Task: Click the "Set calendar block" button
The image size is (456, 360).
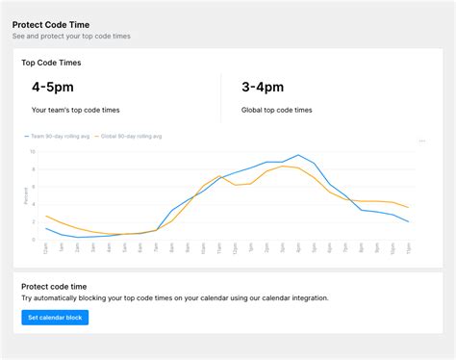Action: pyautogui.click(x=55, y=318)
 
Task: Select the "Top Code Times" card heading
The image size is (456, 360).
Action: pyautogui.click(x=51, y=63)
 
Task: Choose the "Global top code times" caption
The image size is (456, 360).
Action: pyautogui.click(x=277, y=111)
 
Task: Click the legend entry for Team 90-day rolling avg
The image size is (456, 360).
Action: pyautogui.click(x=59, y=137)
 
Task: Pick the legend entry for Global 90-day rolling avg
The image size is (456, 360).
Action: pyautogui.click(x=129, y=137)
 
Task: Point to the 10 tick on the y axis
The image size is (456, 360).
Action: pyautogui.click(x=32, y=151)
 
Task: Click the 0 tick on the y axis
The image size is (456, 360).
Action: pyautogui.click(x=33, y=239)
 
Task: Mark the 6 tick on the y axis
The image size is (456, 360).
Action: pyautogui.click(x=33, y=187)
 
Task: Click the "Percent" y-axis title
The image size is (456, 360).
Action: pyautogui.click(x=25, y=195)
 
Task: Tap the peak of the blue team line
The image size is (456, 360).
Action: pyautogui.click(x=298, y=155)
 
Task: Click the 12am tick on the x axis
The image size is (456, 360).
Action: pyautogui.click(x=46, y=248)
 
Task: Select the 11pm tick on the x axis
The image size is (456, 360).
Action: pyautogui.click(x=409, y=248)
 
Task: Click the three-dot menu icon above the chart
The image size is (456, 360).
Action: pyautogui.click(x=422, y=141)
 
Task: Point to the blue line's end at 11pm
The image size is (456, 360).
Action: pyautogui.click(x=409, y=221)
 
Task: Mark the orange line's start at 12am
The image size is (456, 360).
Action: pyautogui.click(x=46, y=216)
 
